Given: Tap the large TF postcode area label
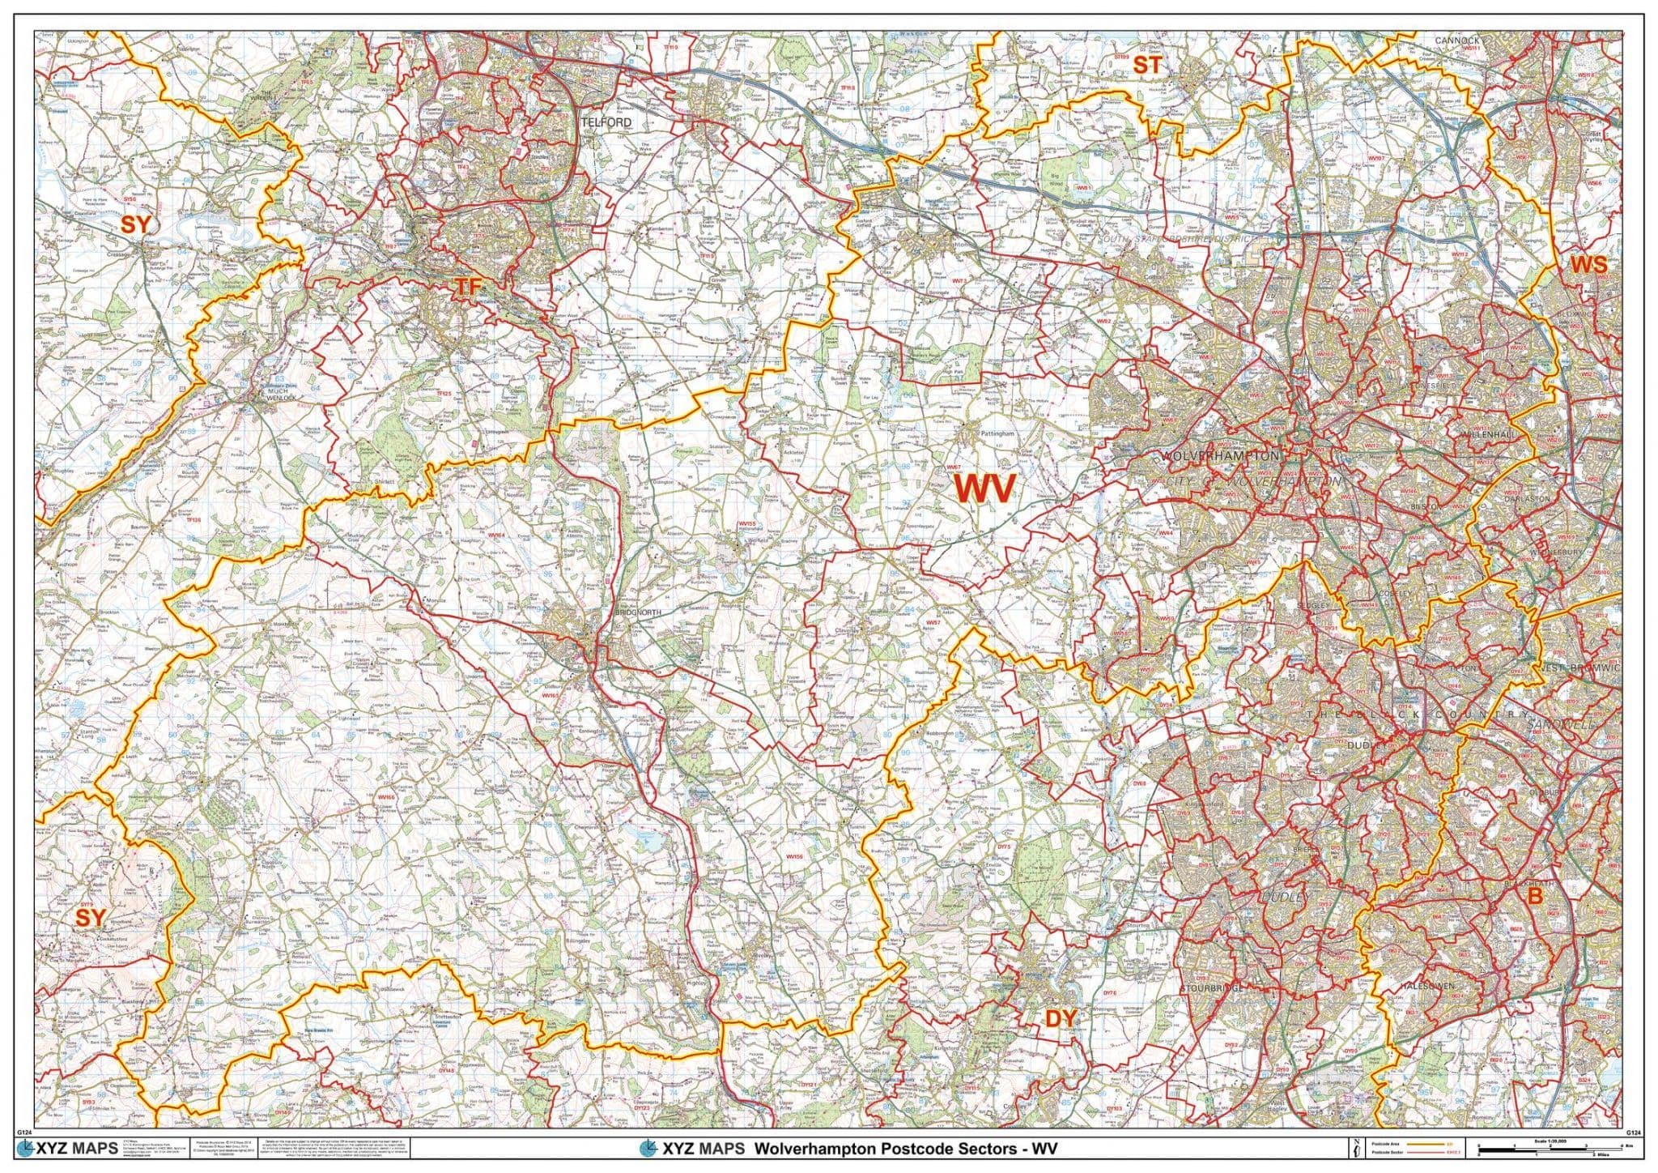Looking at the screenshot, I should tap(469, 287).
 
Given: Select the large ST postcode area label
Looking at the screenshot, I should tap(1146, 66).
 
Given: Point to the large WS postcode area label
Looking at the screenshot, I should tap(1588, 265).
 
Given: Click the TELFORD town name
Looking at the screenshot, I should tap(606, 122).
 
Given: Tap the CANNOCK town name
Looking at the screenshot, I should tap(1456, 40).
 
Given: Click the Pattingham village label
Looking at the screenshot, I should tap(997, 434).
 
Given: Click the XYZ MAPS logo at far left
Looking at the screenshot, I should tap(68, 1148).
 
